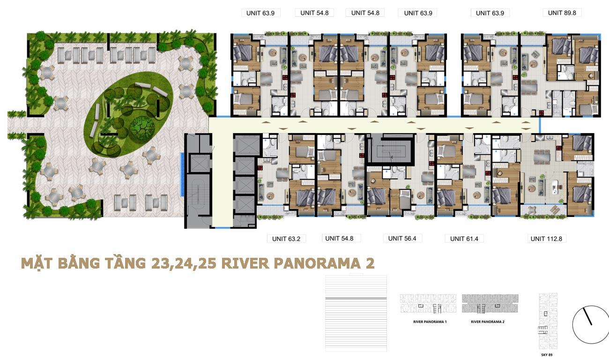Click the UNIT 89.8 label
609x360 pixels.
coord(562,13)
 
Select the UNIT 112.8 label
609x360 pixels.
coord(546,239)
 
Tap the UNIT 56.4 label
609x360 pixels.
coord(402,239)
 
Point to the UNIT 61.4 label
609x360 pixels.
coord(464,239)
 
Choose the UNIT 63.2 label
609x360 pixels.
coord(286,239)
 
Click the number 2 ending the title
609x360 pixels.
coord(370,263)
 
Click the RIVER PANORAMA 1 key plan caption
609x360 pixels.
coord(430,322)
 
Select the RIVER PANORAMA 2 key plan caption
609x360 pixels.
coord(488,322)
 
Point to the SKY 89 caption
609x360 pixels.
coord(547,355)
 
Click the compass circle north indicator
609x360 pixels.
coord(590,325)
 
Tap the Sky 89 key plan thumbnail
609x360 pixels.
coord(548,322)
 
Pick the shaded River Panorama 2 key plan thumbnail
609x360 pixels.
coord(490,303)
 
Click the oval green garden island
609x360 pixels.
coord(128,114)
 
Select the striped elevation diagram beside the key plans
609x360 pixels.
coord(356,313)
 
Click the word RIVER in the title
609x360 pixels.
coord(245,263)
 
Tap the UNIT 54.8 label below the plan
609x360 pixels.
coord(339,239)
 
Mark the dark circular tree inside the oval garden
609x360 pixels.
coord(142,127)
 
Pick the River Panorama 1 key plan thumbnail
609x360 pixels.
coord(428,303)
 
